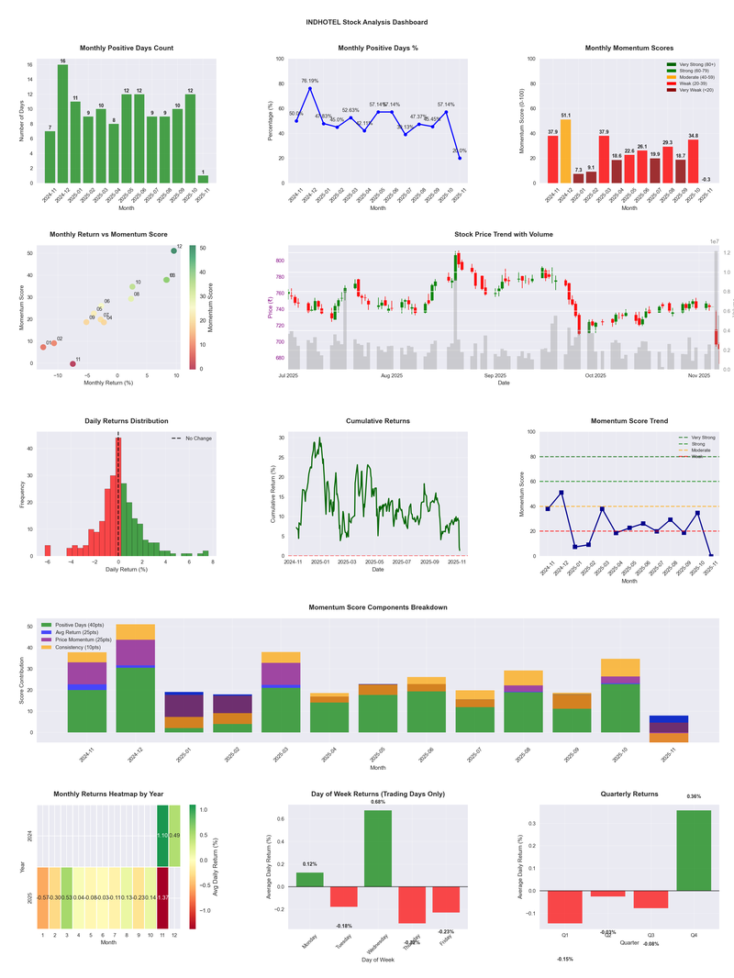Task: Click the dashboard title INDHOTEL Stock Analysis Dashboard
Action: (367, 22)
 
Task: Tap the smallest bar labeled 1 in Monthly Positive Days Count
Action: (203, 179)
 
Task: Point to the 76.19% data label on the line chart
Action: (309, 81)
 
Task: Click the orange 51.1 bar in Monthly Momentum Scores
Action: (565, 150)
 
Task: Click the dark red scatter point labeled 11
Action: (72, 364)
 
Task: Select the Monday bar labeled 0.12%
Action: (309, 880)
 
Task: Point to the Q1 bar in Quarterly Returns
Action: (565, 906)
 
